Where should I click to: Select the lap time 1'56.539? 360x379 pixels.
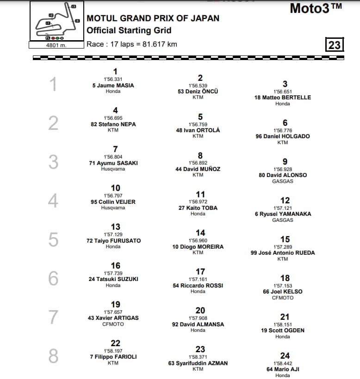pos(198,86)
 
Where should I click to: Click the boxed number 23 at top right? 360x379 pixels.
pos(334,45)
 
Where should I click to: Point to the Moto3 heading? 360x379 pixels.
pos(316,8)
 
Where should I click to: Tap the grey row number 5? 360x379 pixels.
pos(54,239)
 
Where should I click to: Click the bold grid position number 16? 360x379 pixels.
pos(115,265)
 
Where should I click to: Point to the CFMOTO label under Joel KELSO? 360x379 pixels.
pos(282,298)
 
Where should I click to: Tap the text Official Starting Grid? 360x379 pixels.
pos(129,31)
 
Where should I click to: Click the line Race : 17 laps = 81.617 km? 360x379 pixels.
pos(131,44)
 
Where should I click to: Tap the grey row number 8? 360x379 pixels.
pos(54,356)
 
